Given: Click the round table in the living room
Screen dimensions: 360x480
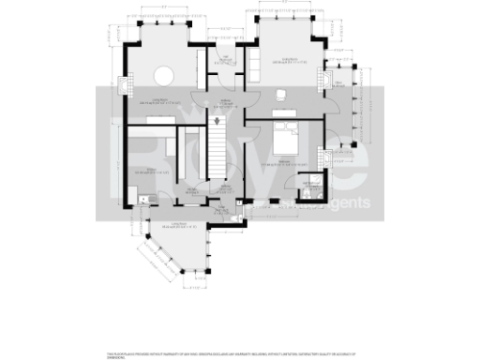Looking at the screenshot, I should pos(163,74).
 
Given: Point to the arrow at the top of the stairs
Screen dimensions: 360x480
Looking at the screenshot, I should pos(217,119).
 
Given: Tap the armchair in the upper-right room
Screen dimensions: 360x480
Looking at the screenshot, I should pos(281,94).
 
